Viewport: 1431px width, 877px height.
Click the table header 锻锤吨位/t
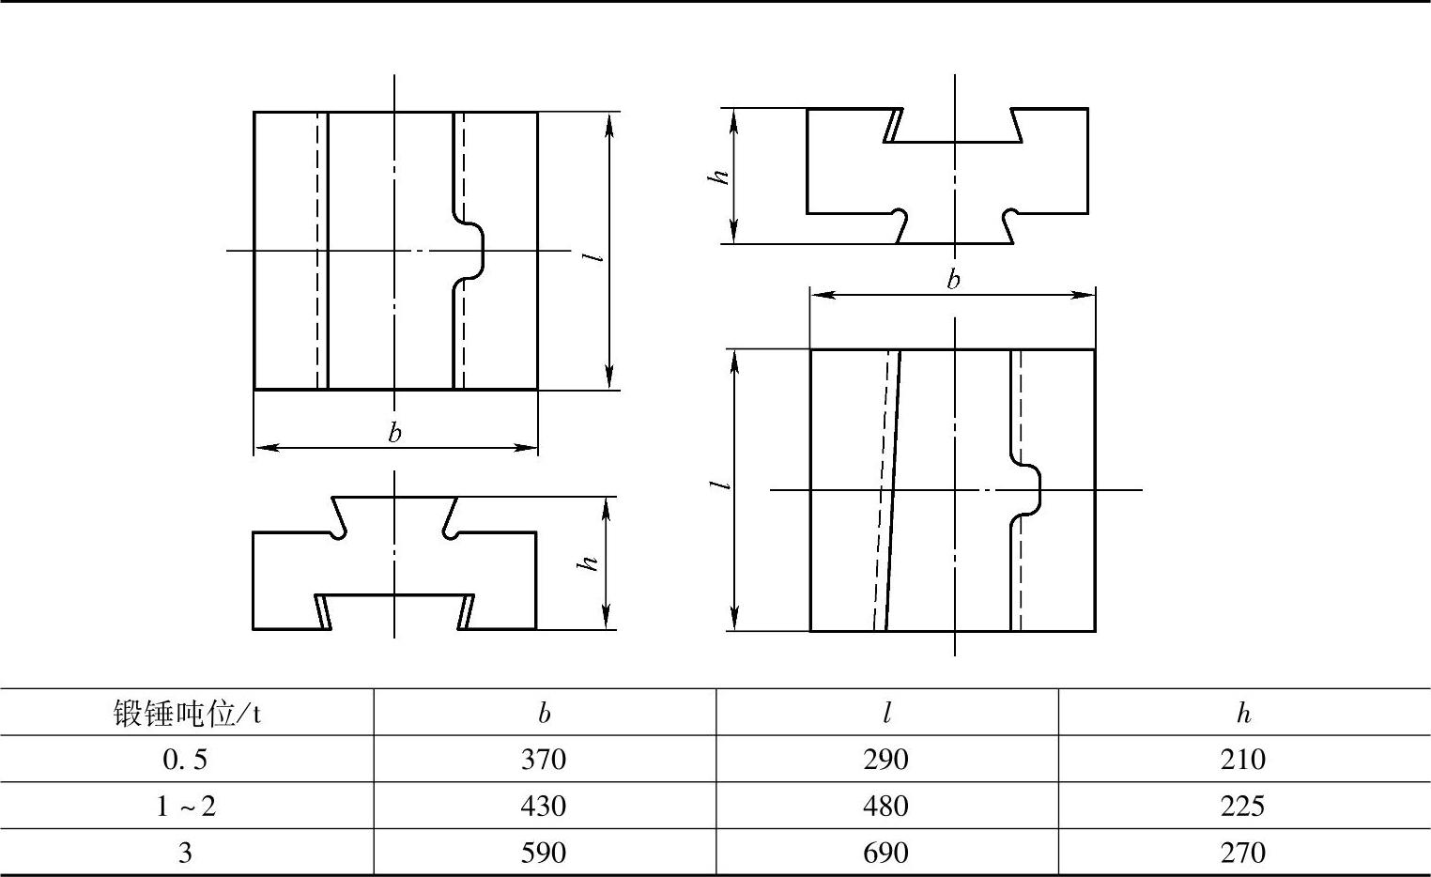tap(187, 714)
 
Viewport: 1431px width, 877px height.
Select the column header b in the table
tap(545, 714)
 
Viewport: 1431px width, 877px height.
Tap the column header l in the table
tap(886, 714)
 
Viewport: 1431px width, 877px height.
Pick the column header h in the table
tap(1243, 714)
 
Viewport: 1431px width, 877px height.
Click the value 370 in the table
tap(544, 759)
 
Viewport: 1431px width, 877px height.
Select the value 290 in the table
tap(885, 759)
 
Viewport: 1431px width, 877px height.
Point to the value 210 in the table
tap(1243, 759)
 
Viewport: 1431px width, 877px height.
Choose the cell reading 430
tap(544, 806)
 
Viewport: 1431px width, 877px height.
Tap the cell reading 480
tap(885, 806)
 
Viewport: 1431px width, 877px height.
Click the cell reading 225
tap(1243, 806)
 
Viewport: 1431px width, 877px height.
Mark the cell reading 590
tap(544, 853)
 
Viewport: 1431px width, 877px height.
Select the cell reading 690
tap(885, 853)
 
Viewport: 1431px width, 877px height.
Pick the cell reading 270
tap(1243, 853)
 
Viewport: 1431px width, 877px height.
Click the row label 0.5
tap(185, 759)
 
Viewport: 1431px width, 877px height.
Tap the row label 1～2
tap(185, 806)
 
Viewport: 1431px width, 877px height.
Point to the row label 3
tap(185, 853)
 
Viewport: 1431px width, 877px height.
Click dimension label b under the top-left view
tap(394, 433)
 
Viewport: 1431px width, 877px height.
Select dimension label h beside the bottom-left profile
tap(589, 563)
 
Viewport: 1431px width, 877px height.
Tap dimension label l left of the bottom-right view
tap(721, 485)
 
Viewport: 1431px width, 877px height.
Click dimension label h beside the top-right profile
tap(720, 176)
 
